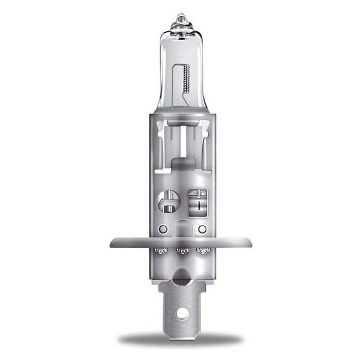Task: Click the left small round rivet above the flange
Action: [x=163, y=229]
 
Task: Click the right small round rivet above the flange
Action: [x=202, y=229]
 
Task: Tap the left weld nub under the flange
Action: [x=160, y=250]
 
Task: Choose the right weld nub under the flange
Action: [x=205, y=250]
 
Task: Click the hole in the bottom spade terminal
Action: [x=182, y=313]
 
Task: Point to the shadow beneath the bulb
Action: [x=180, y=340]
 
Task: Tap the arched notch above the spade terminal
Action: [x=182, y=277]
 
